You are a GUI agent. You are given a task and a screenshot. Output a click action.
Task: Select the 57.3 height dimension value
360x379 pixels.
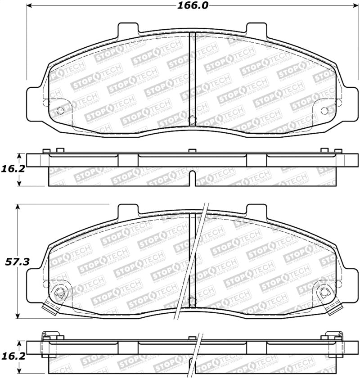(x=13, y=261)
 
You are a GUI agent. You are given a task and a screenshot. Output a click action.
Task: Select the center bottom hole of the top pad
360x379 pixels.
(x=192, y=120)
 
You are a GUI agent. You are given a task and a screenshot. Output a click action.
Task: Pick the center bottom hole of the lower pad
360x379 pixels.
(x=192, y=300)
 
